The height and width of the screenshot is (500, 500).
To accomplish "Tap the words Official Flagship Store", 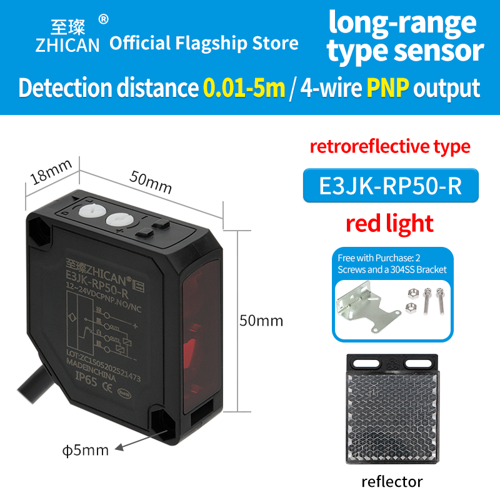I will click(x=204, y=43).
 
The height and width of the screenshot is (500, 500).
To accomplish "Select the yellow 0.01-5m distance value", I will click(x=244, y=88).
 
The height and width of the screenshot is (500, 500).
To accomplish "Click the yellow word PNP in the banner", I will click(x=388, y=88).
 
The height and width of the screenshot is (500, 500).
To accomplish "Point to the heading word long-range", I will click(x=402, y=22).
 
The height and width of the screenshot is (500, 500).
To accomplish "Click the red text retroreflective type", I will click(x=390, y=147).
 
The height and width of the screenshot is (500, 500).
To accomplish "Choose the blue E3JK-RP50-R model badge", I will click(x=391, y=186).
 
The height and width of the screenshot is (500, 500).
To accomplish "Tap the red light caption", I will click(x=391, y=223).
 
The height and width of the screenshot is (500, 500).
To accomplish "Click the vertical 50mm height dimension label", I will click(x=261, y=321).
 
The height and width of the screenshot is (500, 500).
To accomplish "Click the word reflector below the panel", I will click(x=392, y=481).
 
